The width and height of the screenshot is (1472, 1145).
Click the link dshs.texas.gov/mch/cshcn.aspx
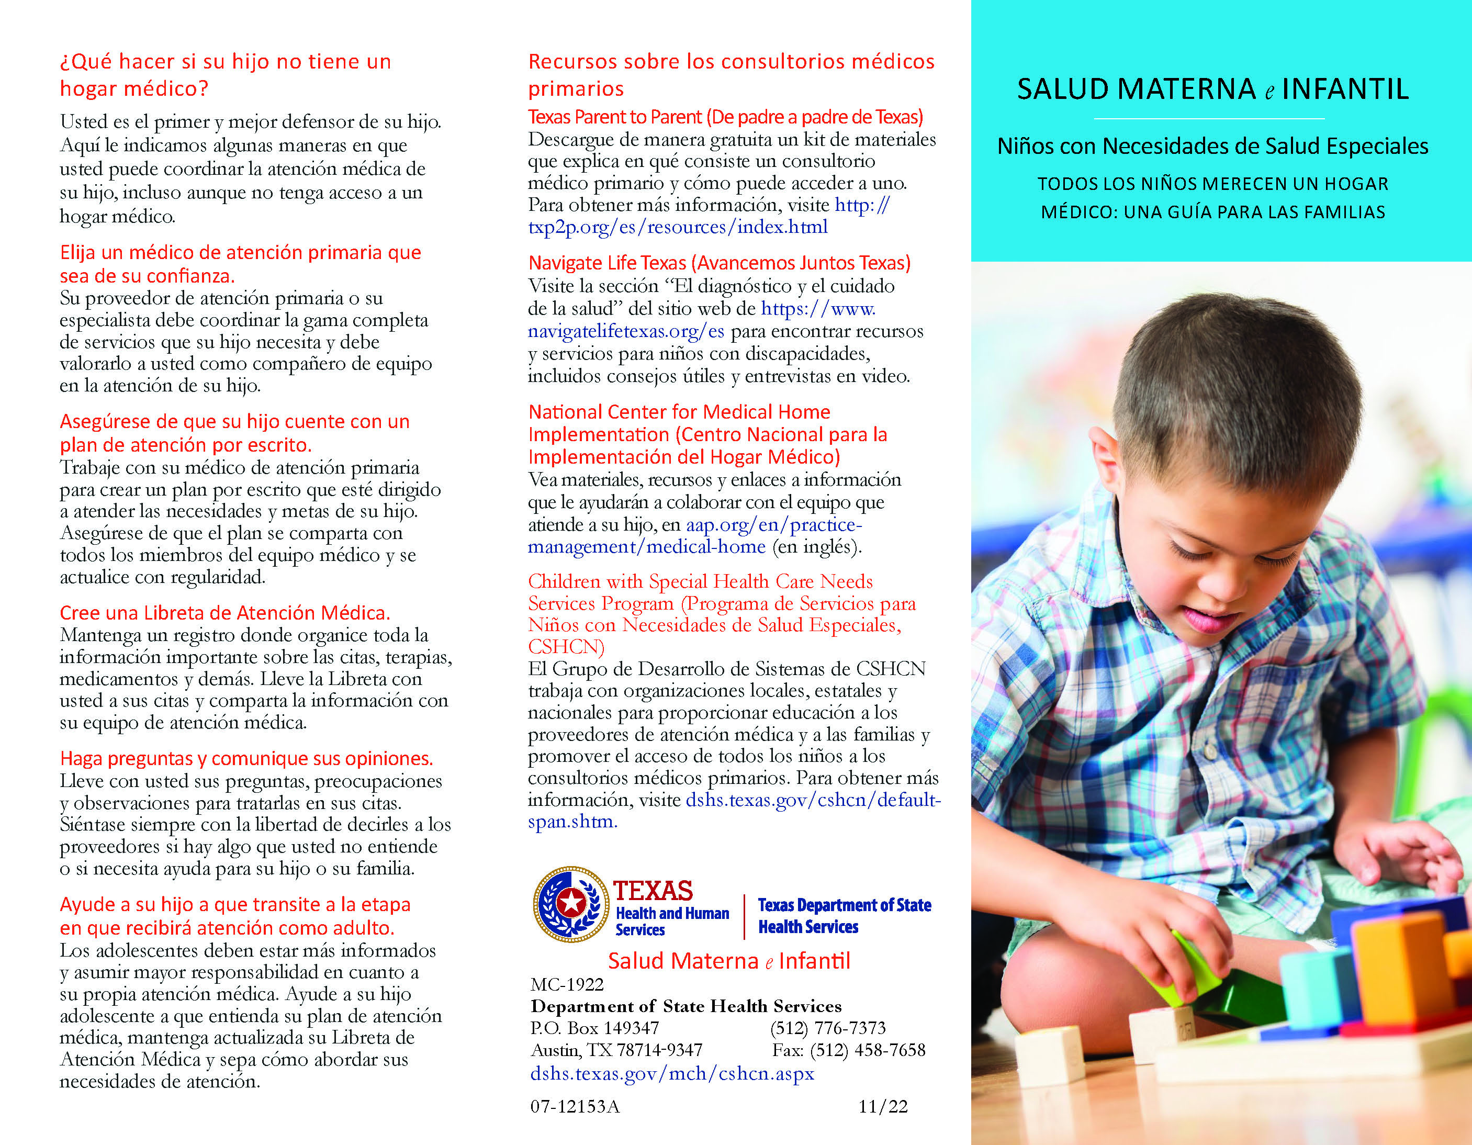click(672, 1073)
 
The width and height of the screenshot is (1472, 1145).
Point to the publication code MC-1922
click(567, 984)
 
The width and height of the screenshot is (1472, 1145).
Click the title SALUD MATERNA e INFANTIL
click(1212, 89)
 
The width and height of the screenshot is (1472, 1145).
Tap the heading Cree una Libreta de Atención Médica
click(224, 613)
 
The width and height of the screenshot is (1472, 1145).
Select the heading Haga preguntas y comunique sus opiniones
click(246, 758)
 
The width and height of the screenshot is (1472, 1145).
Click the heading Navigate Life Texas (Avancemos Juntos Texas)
click(719, 263)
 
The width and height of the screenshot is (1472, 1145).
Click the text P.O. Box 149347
click(594, 1028)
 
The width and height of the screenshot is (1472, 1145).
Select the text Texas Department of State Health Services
click(844, 915)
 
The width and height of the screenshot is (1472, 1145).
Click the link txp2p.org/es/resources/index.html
click(677, 227)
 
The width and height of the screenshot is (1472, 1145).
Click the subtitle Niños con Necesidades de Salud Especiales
click(1212, 146)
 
